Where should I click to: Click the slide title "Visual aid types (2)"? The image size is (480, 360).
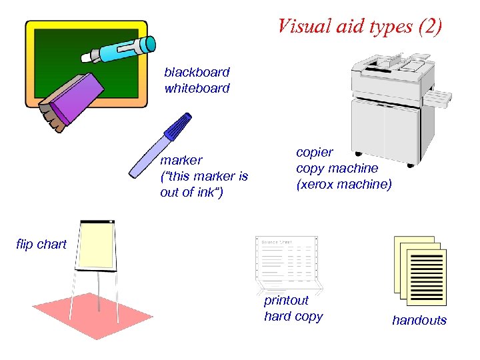[359, 27]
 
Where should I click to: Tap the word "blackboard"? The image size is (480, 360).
[197, 72]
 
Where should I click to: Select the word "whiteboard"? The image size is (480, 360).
[197, 88]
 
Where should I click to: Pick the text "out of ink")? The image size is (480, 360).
[191, 193]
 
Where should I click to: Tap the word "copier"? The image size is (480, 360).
[314, 152]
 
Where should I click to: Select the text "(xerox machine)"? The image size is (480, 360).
[343, 184]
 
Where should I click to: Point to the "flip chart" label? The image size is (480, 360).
[41, 245]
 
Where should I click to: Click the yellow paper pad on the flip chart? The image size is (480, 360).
[97, 245]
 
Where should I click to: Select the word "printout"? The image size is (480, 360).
[286, 301]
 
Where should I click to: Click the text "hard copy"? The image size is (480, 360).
[293, 317]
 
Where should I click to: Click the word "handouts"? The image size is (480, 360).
[419, 321]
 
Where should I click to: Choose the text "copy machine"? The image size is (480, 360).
[337, 168]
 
